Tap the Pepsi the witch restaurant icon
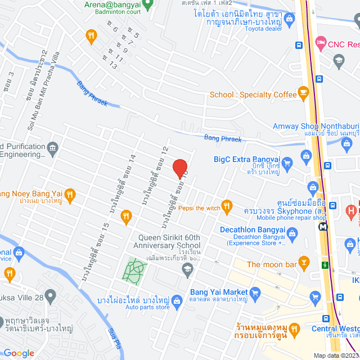(x=227, y=208)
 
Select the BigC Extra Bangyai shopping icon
(x=287, y=164)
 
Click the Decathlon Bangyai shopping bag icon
(x=292, y=232)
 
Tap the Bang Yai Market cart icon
(x=255, y=292)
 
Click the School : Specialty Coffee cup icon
(x=304, y=91)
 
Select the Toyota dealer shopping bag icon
(x=289, y=19)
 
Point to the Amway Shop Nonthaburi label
(x=310, y=127)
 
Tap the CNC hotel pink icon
(x=320, y=42)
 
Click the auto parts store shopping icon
(x=177, y=300)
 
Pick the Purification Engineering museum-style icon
(x=52, y=148)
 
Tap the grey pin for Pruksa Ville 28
(x=51, y=295)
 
